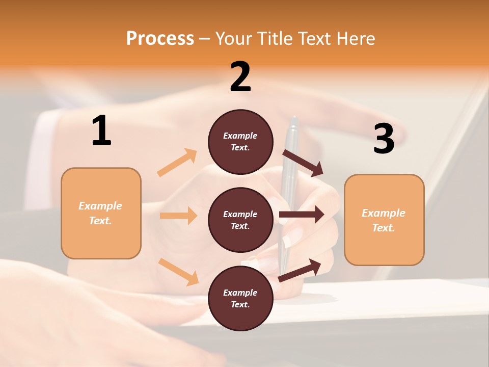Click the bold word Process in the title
[160, 39]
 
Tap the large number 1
[101, 131]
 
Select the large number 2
[240, 77]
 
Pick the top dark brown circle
[240, 142]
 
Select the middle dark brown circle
[240, 220]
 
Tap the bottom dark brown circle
[240, 298]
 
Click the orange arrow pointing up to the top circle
[177, 163]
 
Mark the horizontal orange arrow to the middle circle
[178, 216]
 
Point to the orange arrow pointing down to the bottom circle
[178, 271]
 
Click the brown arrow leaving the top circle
[303, 163]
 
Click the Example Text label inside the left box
[100, 213]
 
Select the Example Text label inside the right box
[384, 220]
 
